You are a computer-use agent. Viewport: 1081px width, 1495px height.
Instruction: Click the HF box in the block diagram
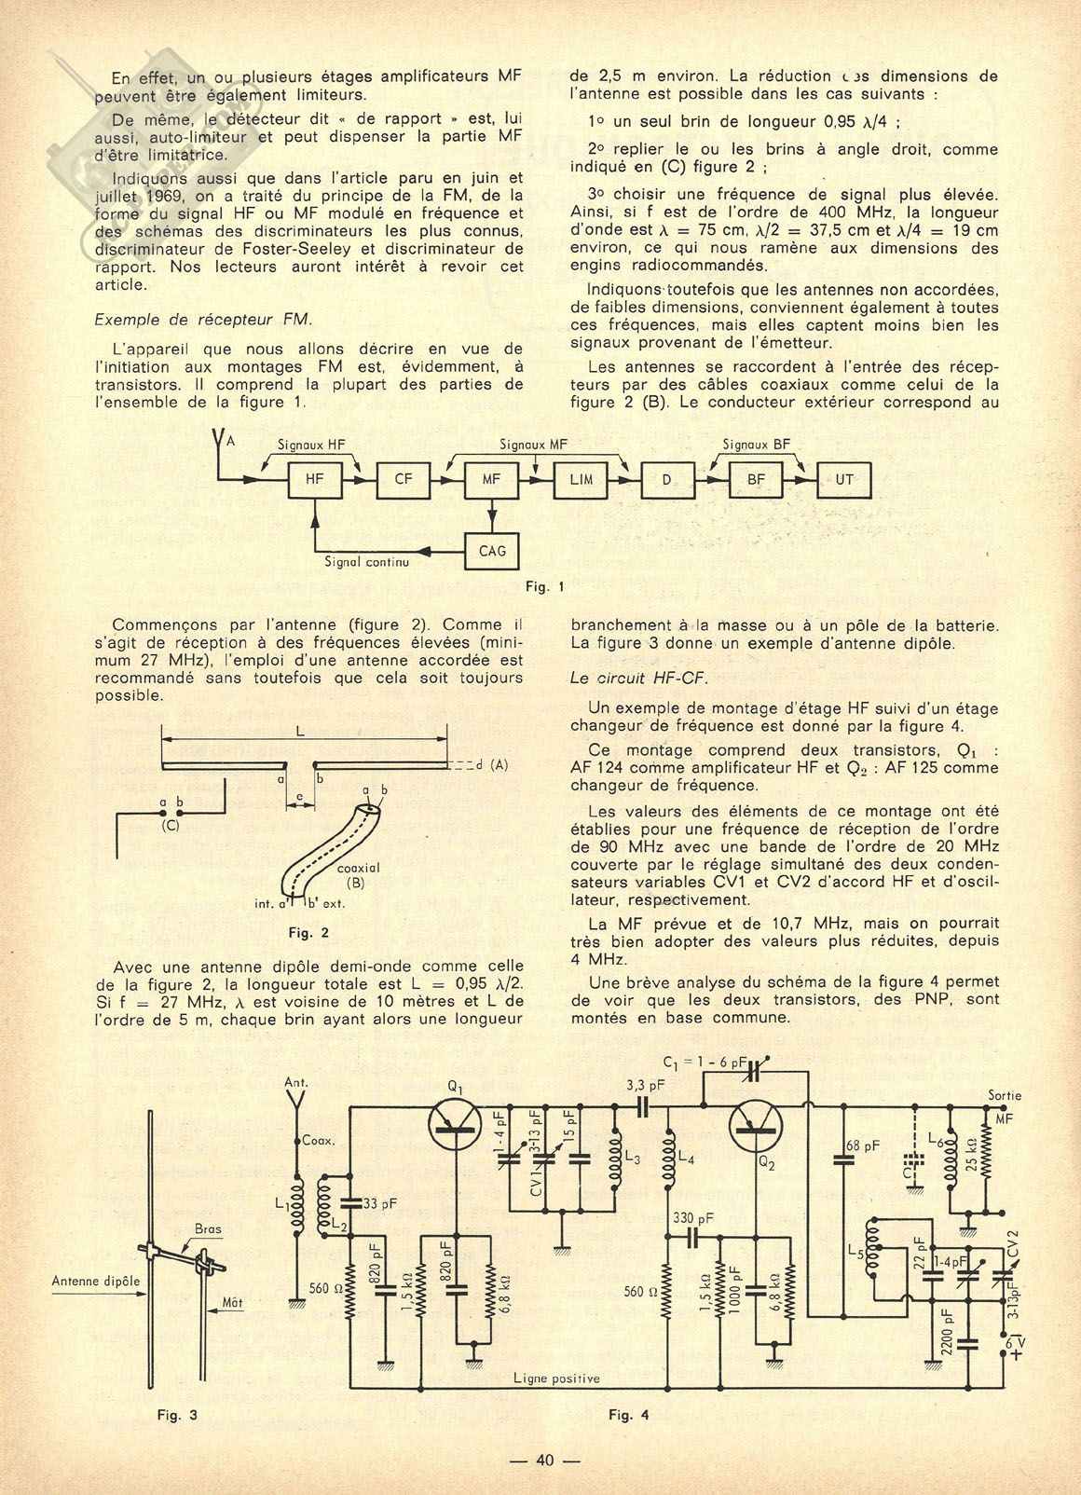click(x=315, y=480)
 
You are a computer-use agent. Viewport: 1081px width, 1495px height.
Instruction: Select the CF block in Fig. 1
click(x=403, y=480)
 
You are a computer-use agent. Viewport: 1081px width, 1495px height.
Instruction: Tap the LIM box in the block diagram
click(x=581, y=480)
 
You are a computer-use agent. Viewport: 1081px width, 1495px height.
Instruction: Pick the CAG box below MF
click(x=492, y=551)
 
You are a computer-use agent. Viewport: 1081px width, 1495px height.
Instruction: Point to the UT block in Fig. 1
click(x=844, y=480)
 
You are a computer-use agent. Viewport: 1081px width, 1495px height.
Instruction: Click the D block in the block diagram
click(x=666, y=480)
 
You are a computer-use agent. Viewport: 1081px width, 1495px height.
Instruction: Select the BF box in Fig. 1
click(x=756, y=480)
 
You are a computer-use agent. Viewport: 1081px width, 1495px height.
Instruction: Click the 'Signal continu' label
click(x=366, y=563)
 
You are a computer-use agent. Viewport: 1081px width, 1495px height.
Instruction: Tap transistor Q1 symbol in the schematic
click(x=456, y=1126)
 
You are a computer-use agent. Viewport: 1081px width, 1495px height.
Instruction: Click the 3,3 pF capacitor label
click(x=639, y=1084)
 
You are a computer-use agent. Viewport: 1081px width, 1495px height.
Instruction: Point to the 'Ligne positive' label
click(x=556, y=1378)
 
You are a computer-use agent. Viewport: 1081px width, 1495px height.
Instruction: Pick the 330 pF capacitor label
click(x=692, y=1218)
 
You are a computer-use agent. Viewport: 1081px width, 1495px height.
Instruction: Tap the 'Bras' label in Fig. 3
click(x=209, y=1229)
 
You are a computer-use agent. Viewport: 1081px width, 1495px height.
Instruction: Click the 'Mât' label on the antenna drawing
click(x=232, y=1302)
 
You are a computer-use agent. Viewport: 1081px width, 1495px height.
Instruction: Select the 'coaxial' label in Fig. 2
click(x=359, y=867)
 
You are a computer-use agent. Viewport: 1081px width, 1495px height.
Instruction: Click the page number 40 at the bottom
click(x=545, y=1461)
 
